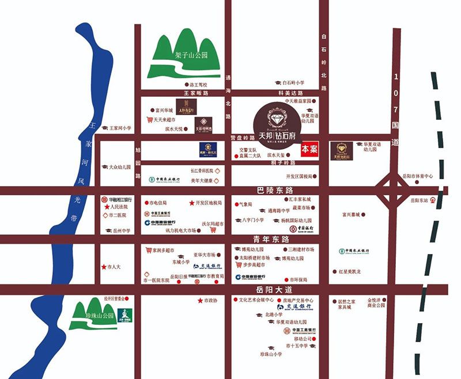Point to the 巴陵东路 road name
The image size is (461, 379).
pyautogui.click(x=275, y=190)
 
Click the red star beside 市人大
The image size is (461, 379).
pyautogui.click(x=103, y=267)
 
